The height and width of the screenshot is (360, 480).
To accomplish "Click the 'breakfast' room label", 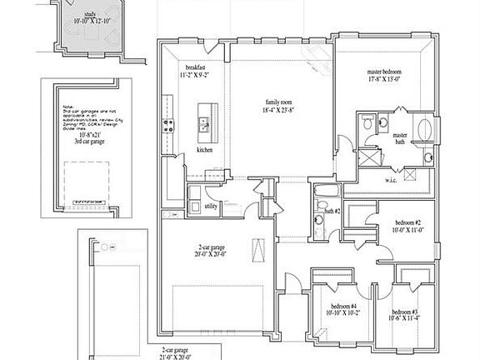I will (196, 67).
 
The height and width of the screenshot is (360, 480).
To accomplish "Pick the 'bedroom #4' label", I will (342, 307).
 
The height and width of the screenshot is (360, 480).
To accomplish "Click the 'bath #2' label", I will (332, 212).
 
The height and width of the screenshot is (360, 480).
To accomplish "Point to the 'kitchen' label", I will (205, 150).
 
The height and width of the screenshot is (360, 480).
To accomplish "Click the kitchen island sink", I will (202, 126).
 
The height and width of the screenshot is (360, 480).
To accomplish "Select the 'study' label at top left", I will (91, 14).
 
